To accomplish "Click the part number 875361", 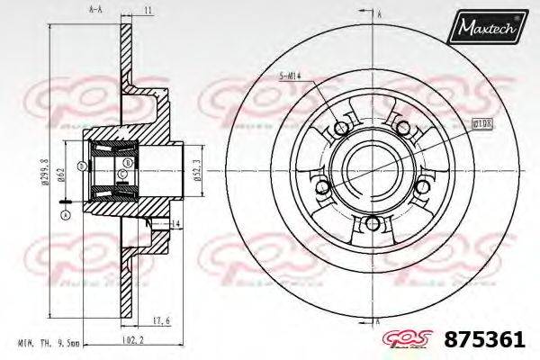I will tap(485, 343).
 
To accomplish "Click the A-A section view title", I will tap(94, 9).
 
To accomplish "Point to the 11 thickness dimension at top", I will tap(146, 9).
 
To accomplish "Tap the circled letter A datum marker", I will tap(65, 215).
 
